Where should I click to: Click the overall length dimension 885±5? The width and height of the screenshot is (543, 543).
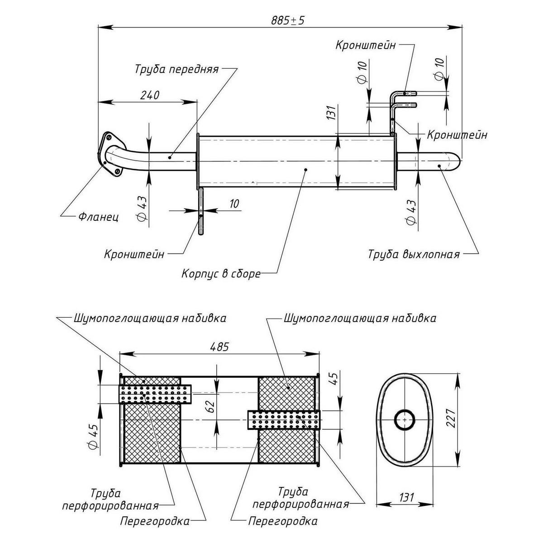287,21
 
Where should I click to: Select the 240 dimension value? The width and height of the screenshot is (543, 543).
149,95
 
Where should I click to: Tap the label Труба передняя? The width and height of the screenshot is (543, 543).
176,70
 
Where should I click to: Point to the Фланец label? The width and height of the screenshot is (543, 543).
99,217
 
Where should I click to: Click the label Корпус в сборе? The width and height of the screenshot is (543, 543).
221,274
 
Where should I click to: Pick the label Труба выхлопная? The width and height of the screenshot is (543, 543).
414,254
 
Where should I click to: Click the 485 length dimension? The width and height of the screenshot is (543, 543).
219,347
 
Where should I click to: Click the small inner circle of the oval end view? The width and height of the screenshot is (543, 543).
404,419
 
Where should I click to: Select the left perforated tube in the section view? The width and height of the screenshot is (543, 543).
155,393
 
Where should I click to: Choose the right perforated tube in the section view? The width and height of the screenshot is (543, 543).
284,420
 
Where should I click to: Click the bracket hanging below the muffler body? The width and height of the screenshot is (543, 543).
201,211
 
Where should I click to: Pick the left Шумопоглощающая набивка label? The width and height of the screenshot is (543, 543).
149,318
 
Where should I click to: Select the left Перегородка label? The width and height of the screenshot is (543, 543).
154,521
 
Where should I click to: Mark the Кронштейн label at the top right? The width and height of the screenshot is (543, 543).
366,45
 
